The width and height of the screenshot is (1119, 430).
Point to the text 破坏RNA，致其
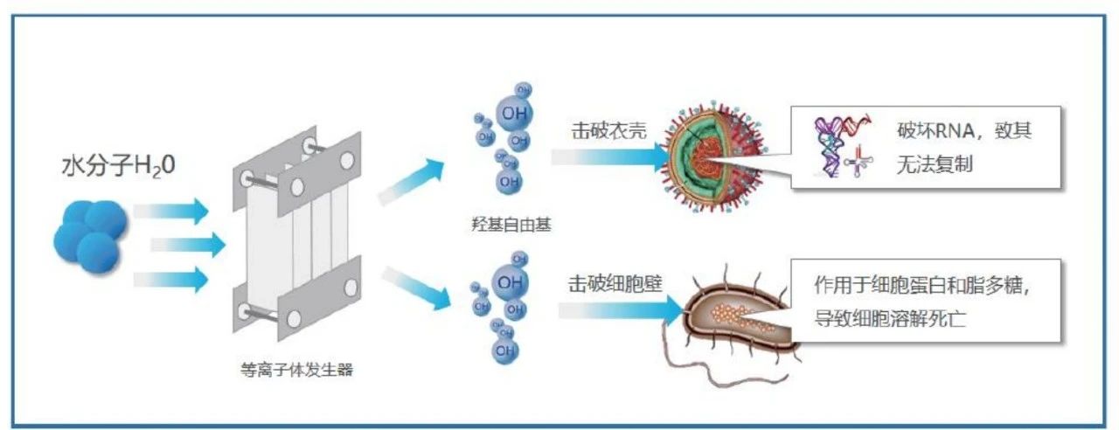point(965,133)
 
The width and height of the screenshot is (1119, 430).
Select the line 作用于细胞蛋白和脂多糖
point(927,286)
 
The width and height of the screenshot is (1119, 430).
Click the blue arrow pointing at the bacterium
point(621,309)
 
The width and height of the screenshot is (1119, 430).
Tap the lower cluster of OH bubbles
point(502,306)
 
